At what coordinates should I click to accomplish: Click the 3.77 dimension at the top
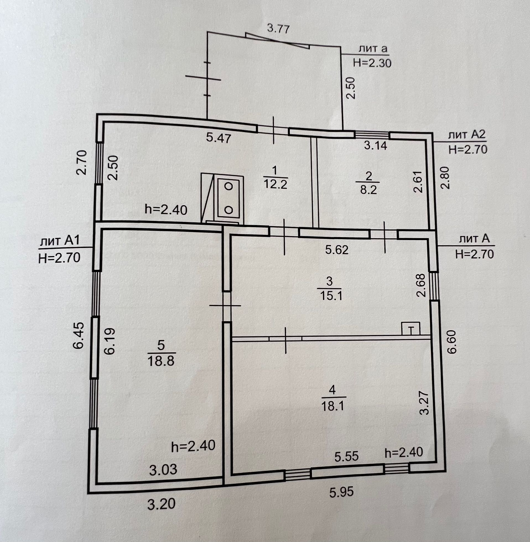[x=278, y=29]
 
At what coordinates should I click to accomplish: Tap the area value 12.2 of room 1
[x=275, y=184]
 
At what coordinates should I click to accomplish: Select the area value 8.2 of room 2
[x=368, y=191]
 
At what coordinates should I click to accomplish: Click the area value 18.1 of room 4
[x=333, y=406]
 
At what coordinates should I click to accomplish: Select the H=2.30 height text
[x=372, y=63]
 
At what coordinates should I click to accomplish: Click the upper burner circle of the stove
[x=228, y=186]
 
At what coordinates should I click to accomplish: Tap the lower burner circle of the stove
[x=228, y=210]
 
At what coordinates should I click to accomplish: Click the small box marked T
[x=411, y=329]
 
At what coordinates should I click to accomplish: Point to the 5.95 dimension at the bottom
[x=341, y=493]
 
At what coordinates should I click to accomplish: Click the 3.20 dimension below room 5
[x=162, y=504]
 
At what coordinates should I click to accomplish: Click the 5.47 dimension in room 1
[x=219, y=138]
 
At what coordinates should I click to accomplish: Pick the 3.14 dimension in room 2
[x=376, y=145]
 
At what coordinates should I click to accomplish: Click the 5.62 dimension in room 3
[x=337, y=250]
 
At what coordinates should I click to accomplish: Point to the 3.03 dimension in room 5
[x=163, y=470]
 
